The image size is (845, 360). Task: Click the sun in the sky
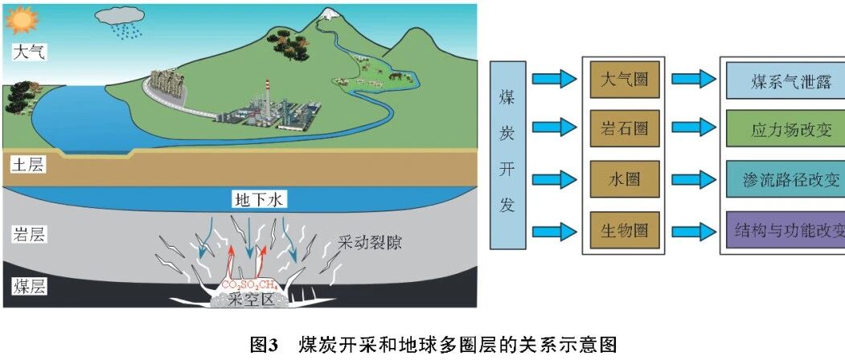click(x=22, y=20)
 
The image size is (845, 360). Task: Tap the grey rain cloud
click(x=119, y=15)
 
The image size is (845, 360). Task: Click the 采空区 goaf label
click(x=252, y=299)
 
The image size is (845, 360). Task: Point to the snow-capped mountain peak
click(x=327, y=14)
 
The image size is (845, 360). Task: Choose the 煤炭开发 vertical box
click(x=507, y=155)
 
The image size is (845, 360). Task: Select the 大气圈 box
click(x=625, y=80)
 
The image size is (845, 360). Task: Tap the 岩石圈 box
click(x=625, y=129)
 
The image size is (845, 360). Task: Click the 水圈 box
click(x=625, y=178)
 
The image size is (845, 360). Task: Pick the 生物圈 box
click(x=625, y=230)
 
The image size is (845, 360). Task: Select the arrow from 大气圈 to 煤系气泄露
click(x=694, y=80)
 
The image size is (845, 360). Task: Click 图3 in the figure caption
click(x=264, y=344)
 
